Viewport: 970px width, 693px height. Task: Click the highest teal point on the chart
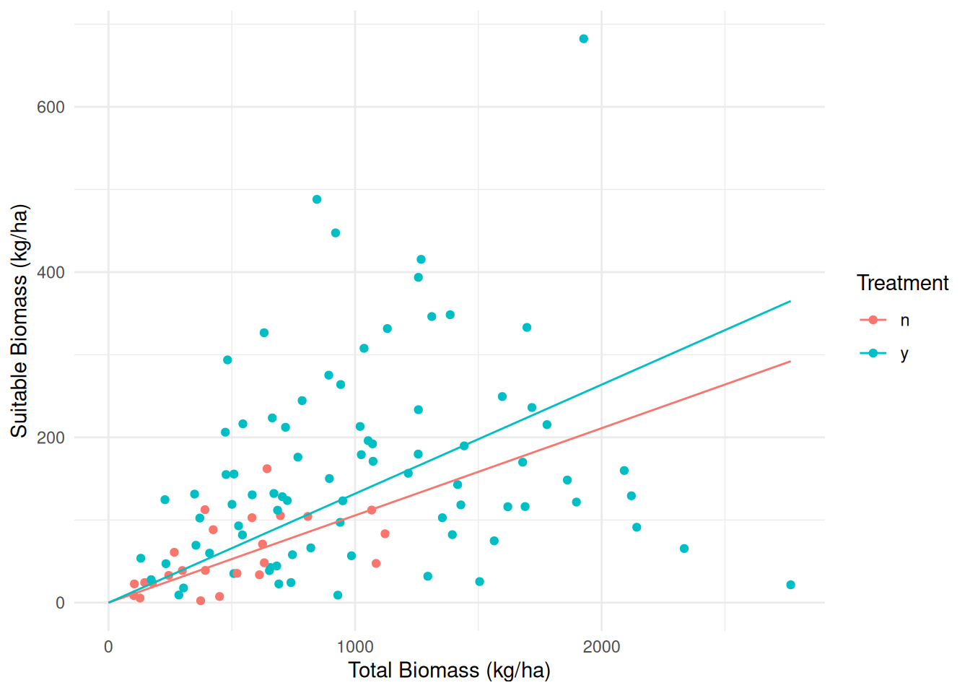583,39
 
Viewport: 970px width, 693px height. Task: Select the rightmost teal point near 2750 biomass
790,585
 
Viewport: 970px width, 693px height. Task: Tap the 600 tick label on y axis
51,107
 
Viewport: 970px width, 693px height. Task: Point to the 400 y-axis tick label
51,272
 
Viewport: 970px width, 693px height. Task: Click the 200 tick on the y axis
51,437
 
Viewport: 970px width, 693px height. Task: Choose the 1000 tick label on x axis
355,647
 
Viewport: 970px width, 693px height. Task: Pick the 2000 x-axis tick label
601,647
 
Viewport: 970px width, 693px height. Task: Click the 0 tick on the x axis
108,647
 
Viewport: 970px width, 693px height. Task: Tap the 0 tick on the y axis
60,603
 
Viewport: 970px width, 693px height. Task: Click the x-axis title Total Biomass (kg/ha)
449,671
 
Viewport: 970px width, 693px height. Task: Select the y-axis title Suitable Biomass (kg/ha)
19,321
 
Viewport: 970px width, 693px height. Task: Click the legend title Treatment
902,283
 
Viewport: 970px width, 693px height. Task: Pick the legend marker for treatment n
873,320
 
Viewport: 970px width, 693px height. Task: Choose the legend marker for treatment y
873,353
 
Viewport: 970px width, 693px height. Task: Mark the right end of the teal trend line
790,301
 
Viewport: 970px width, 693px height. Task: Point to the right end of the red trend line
790,361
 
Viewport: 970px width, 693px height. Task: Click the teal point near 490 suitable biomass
317,199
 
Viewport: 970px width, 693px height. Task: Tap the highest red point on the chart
267,468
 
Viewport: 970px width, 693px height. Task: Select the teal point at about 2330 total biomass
684,549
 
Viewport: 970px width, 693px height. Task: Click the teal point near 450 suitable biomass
336,233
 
